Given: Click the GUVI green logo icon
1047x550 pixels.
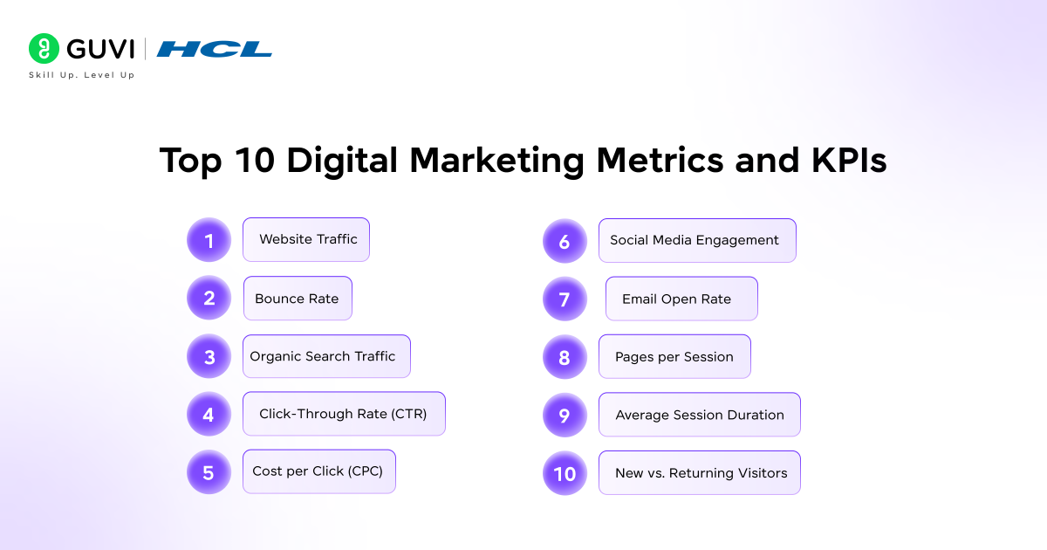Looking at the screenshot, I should click(44, 49).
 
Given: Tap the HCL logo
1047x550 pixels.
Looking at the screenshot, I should click(215, 49).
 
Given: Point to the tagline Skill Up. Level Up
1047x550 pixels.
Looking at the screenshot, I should click(82, 75).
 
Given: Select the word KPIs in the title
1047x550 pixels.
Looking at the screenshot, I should click(844, 162).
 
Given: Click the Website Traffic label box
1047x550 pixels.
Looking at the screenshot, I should click(306, 239).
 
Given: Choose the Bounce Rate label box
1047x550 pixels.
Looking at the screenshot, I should click(298, 299).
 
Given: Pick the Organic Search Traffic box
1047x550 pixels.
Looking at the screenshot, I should click(325, 356).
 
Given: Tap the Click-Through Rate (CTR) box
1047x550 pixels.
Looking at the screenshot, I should click(344, 414).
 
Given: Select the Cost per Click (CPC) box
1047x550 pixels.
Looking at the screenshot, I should click(318, 471).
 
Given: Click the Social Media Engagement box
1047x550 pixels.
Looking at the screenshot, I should click(696, 240).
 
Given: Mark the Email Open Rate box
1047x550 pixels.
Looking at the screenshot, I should click(681, 299).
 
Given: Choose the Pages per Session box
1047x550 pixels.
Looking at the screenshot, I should click(674, 356).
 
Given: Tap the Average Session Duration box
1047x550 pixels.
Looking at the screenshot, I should click(699, 415).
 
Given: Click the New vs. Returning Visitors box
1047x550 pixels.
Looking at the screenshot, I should click(699, 473).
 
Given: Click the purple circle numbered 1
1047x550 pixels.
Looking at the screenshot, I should click(209, 240).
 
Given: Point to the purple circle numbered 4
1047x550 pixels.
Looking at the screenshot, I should click(209, 414).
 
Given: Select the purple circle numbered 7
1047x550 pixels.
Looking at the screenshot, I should click(565, 299).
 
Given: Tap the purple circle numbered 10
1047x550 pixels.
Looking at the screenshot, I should click(565, 473).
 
